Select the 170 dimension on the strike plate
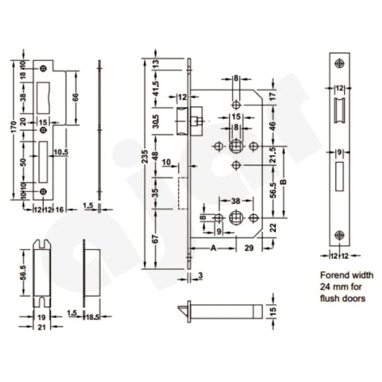coord(15,127)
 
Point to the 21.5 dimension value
coord(273,155)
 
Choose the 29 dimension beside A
coord(249,248)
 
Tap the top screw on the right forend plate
coord(340,63)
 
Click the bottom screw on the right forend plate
coord(340,234)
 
